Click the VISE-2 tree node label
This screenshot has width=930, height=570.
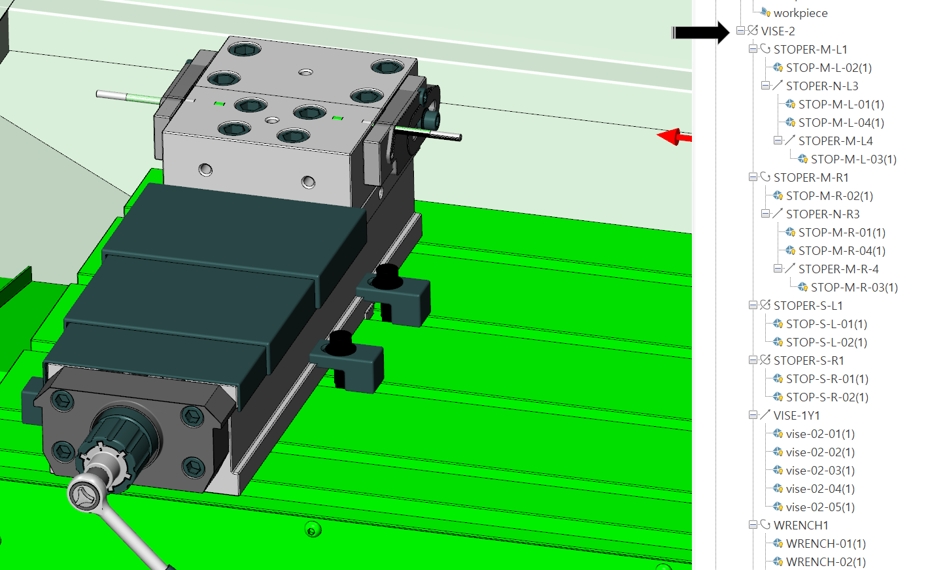778,31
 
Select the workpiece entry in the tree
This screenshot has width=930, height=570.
801,13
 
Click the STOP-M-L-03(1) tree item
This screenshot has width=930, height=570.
853,159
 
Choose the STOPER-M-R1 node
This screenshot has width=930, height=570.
811,178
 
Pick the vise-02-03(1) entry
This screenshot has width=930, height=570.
820,471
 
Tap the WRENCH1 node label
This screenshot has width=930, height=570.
801,525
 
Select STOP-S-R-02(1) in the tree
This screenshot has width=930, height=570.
827,397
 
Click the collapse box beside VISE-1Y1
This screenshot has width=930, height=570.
753,415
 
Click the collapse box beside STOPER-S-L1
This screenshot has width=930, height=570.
753,305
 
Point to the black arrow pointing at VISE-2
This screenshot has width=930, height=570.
700,32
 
